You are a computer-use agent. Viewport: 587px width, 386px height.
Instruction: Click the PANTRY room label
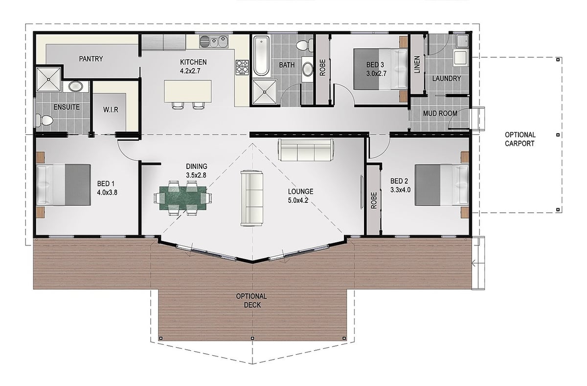click(91, 59)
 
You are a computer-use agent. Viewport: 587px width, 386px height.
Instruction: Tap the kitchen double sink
click(214, 42)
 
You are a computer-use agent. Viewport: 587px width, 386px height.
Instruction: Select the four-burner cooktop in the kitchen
click(242, 67)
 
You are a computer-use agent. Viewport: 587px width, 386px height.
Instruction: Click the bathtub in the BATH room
click(262, 56)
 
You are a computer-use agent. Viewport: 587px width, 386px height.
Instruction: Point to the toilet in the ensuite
click(45, 120)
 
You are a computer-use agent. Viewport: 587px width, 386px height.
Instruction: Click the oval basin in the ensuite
click(75, 86)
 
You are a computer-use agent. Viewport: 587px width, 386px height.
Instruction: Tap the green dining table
click(183, 198)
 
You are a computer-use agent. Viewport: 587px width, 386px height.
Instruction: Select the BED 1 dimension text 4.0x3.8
click(107, 193)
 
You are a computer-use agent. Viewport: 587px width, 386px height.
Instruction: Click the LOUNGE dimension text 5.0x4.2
click(298, 200)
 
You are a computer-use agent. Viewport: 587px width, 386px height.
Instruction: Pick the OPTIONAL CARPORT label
click(520, 139)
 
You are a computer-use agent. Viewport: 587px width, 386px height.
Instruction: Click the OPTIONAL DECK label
click(251, 300)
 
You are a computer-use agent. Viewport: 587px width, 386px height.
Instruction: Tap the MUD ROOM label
click(440, 114)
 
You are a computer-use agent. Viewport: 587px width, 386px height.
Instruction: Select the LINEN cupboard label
click(417, 65)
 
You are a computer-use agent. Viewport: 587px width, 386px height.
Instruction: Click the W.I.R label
click(111, 110)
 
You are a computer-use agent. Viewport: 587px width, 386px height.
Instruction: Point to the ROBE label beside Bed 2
click(374, 200)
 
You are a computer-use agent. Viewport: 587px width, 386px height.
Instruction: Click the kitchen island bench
click(188, 91)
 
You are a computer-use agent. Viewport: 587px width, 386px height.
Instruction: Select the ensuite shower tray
click(48, 79)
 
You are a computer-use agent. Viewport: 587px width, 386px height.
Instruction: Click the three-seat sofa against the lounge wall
click(306, 150)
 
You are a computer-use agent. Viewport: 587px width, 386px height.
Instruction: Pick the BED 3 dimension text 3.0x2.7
click(376, 73)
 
